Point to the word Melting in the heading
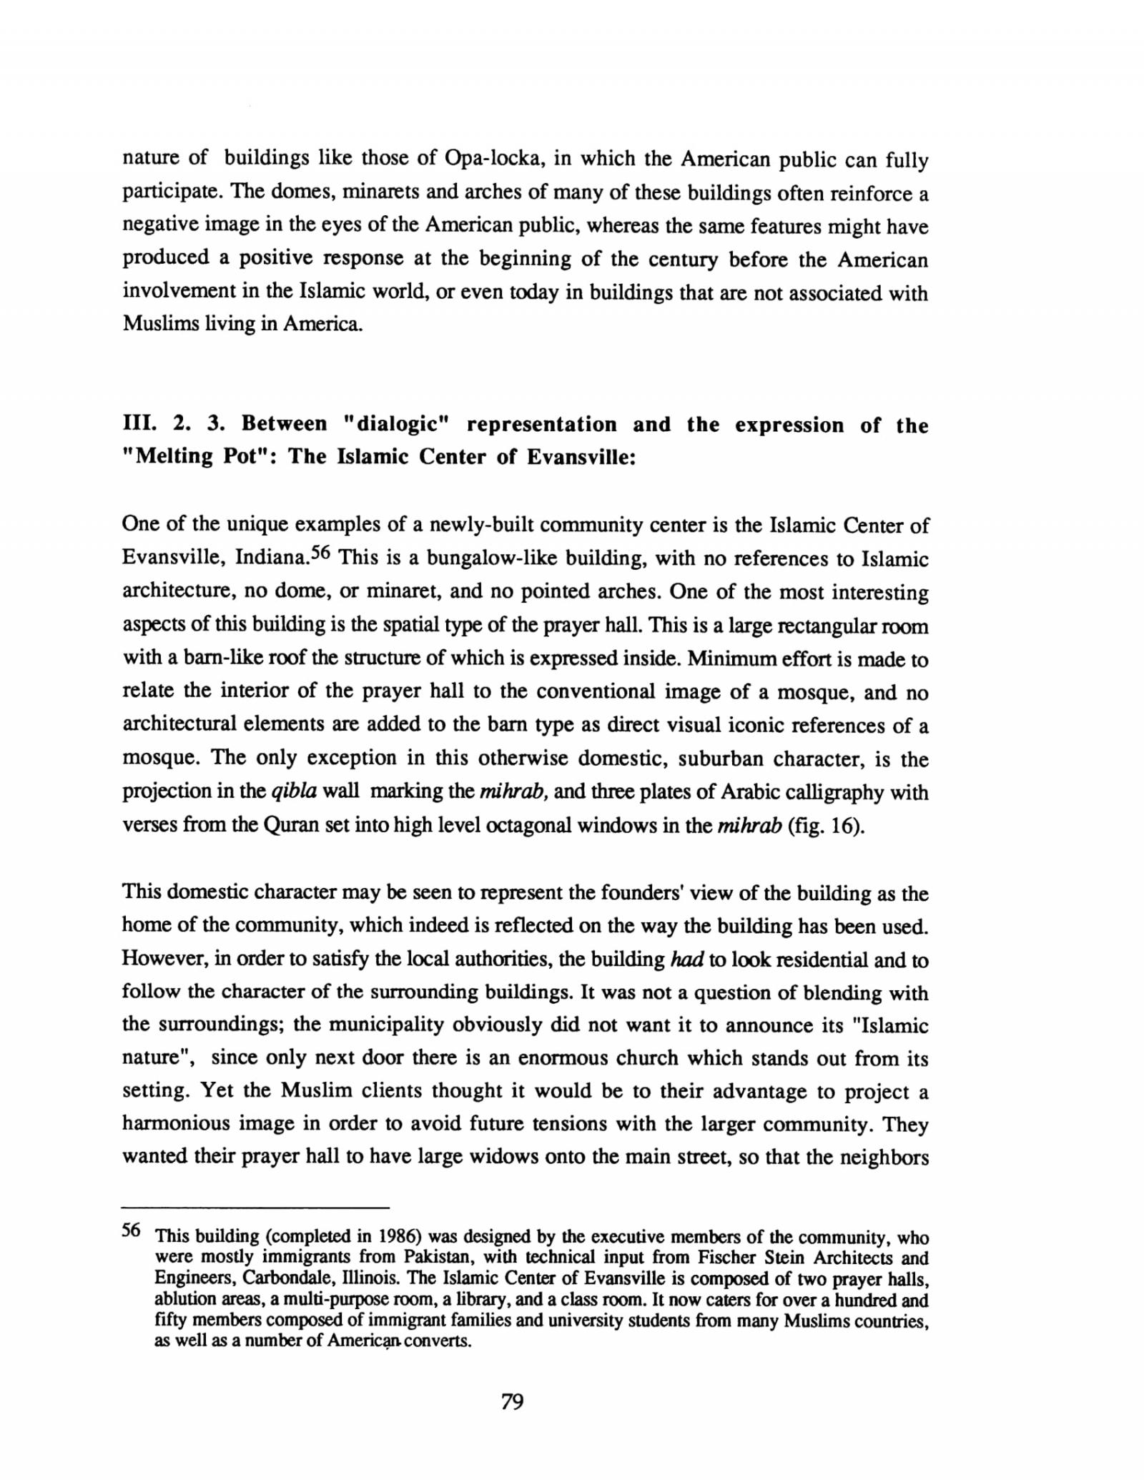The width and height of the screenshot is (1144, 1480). pos(170,457)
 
